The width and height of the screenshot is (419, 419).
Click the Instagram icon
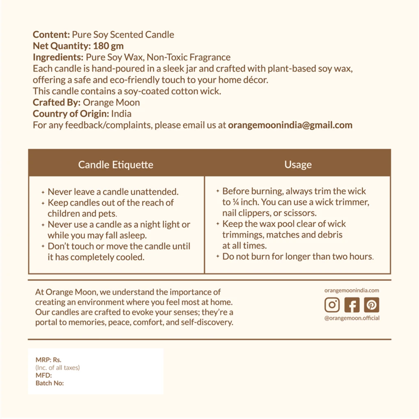pos(332,304)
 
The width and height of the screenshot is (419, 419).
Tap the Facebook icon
pos(352,304)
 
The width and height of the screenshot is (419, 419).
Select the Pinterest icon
pos(371,304)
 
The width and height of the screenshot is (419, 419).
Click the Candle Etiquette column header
pos(116,165)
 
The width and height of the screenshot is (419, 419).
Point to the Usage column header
pos(298,165)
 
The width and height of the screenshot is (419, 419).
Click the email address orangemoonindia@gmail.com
pos(290,125)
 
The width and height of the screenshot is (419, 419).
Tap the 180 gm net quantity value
pos(108,46)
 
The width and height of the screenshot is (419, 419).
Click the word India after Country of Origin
pos(121,114)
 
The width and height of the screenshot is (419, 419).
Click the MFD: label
pos(44,375)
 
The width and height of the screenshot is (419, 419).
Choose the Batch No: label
pos(50,383)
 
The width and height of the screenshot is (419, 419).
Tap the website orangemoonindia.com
pos(352,290)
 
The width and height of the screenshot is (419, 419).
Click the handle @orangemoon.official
pos(352,318)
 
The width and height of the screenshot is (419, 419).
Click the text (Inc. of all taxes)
pos(58,368)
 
